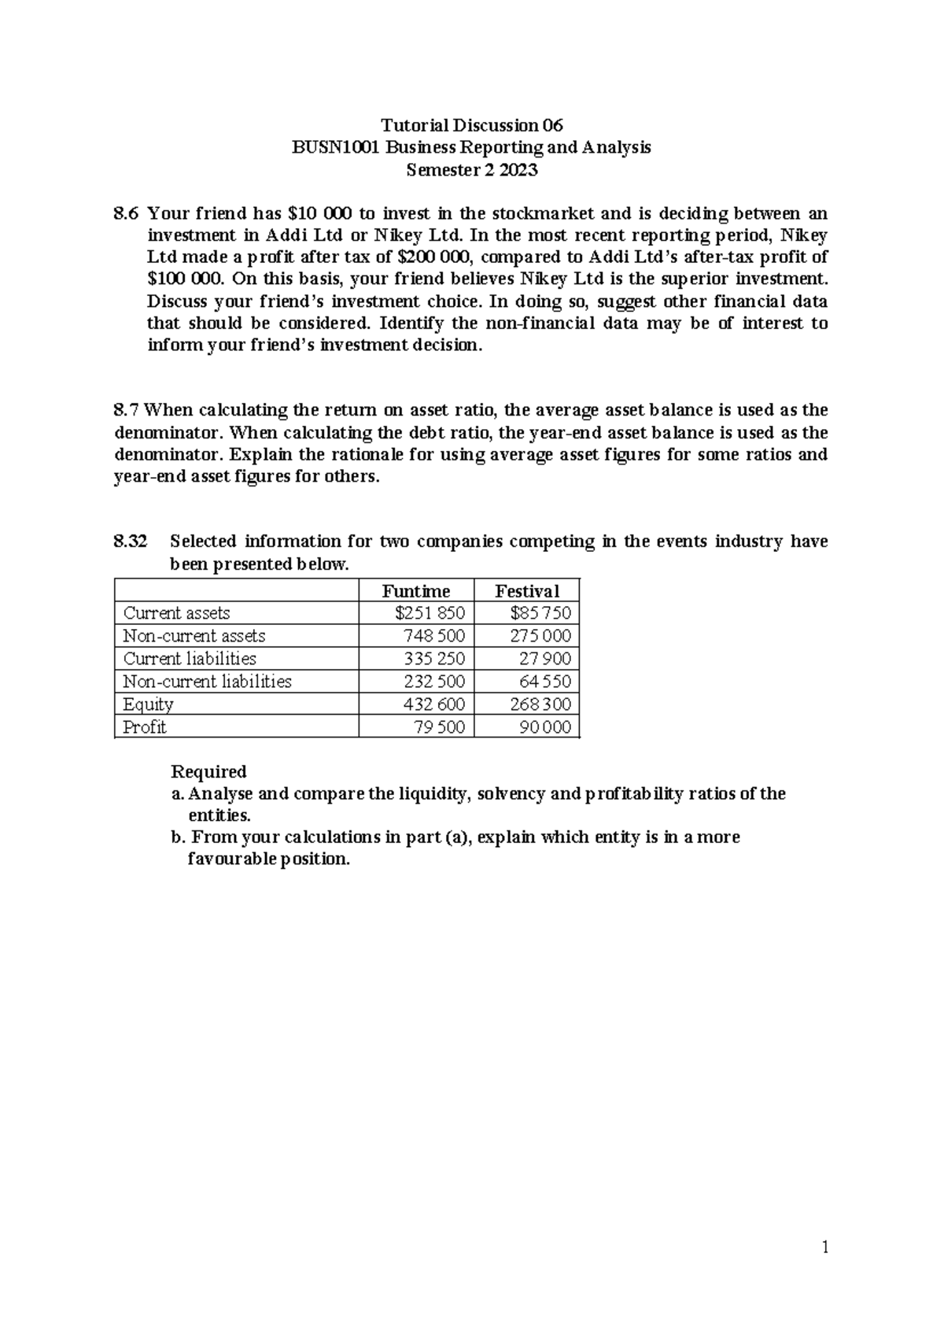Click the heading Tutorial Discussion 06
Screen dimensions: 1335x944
[x=472, y=125]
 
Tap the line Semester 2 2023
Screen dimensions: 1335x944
[x=472, y=169]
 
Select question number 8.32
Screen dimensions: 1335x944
[x=131, y=542]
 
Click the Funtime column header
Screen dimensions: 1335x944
[x=415, y=591]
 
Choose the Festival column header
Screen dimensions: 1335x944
[x=526, y=591]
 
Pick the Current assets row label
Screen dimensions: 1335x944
[x=176, y=613]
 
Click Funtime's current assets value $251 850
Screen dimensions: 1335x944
[x=430, y=613]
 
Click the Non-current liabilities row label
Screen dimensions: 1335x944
[x=207, y=682]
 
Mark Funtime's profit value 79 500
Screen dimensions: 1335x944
[x=439, y=727]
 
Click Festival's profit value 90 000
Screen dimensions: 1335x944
[x=544, y=727]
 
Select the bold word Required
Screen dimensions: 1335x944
[x=208, y=771]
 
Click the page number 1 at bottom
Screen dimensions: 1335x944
[x=824, y=1247]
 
